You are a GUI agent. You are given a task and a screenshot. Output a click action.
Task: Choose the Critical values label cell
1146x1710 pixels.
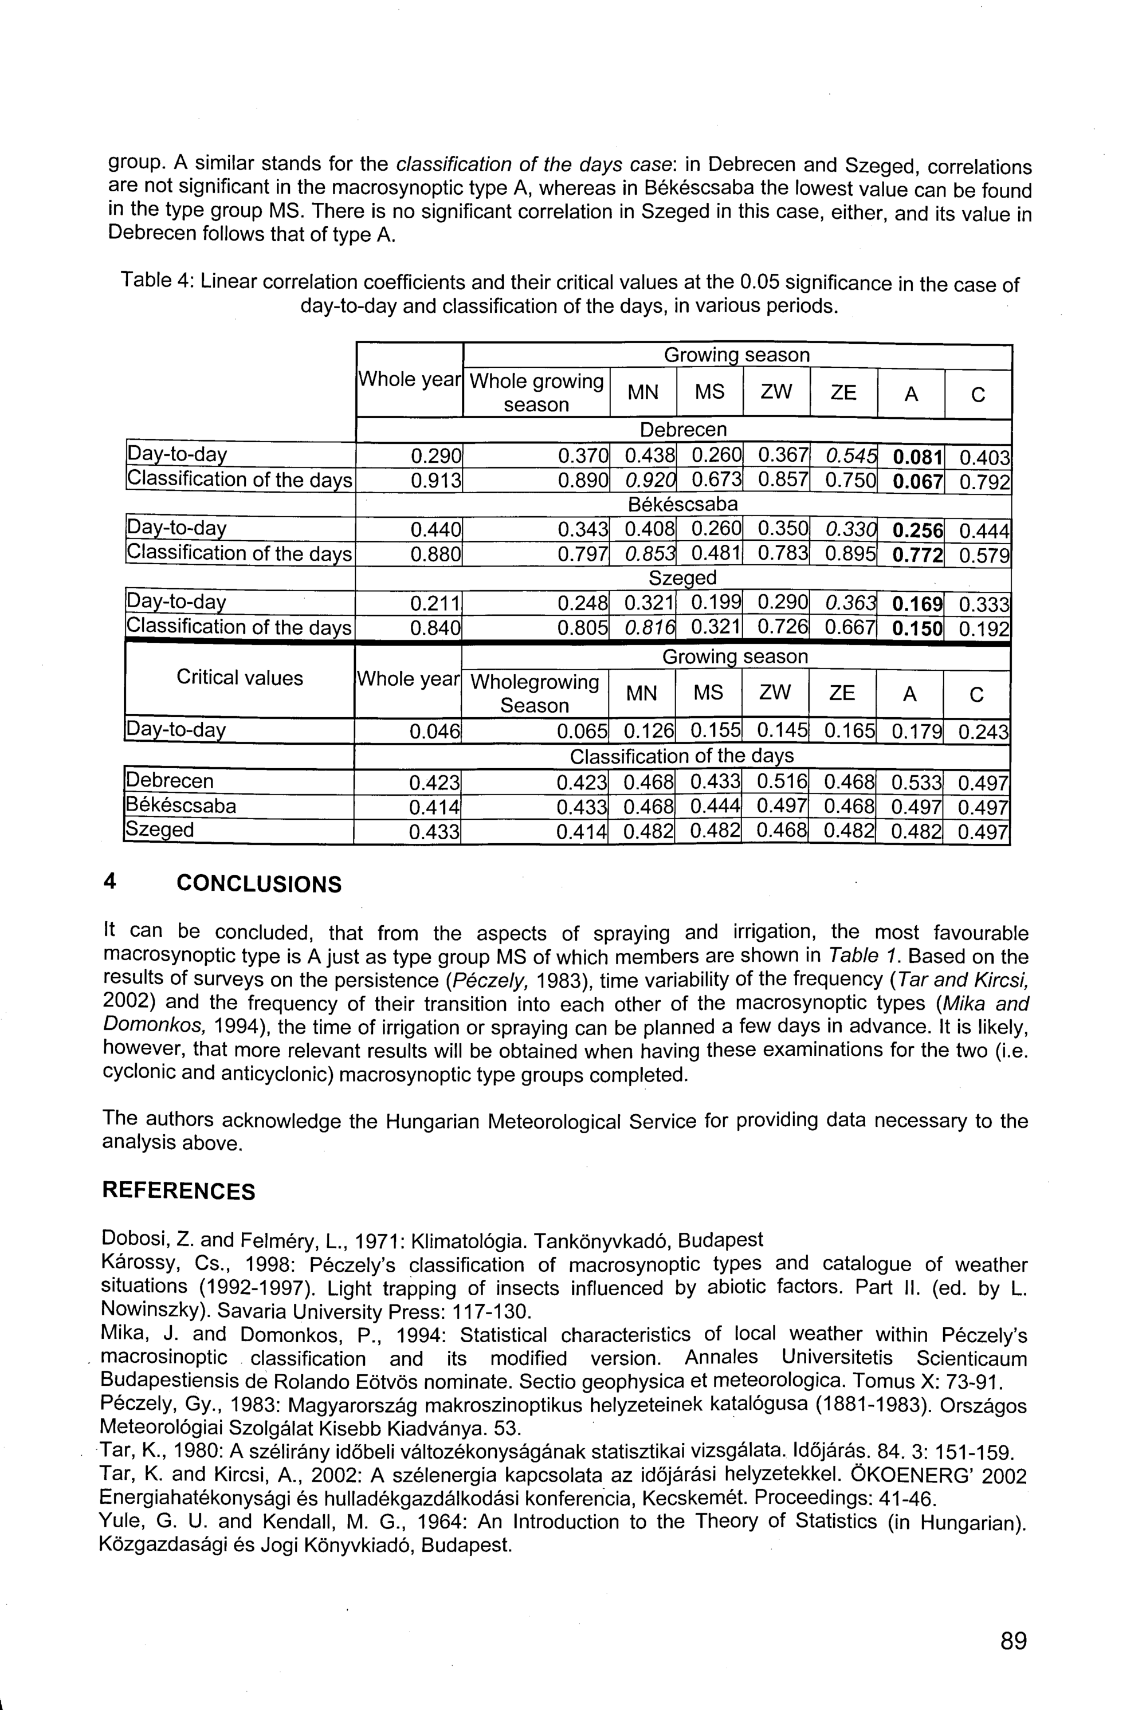point(240,678)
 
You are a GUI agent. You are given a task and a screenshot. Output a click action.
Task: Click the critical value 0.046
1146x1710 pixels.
point(434,732)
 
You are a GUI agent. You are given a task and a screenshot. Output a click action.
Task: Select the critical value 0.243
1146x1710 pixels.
point(984,732)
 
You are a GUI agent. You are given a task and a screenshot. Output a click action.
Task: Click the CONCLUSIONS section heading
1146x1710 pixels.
point(259,885)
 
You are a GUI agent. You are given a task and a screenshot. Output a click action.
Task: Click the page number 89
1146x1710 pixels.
point(1013,1641)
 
